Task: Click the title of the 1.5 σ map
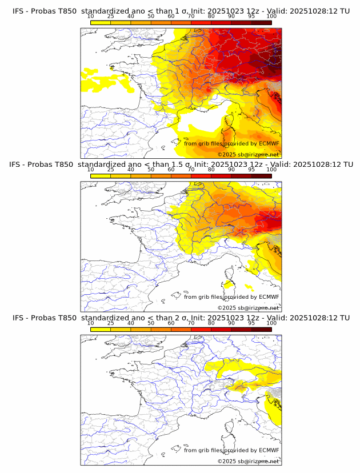[181, 165]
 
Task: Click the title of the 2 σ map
[181, 318]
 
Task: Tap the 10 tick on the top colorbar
[91, 16]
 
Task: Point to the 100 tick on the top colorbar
[271, 16]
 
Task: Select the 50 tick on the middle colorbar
[151, 170]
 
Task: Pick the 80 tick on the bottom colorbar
[211, 323]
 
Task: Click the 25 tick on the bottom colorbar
[111, 323]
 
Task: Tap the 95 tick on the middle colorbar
[251, 170]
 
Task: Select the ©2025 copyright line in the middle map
[248, 308]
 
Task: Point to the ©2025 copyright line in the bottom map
[248, 461]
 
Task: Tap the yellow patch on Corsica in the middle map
[228, 284]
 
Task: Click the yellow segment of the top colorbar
[101, 22]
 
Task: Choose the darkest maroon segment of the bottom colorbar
[261, 329]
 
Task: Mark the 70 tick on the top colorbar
[191, 16]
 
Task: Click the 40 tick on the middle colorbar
[131, 170]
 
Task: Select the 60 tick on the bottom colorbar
[171, 323]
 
